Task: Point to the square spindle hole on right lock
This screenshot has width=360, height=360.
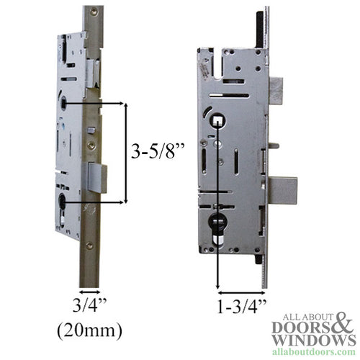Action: pos(217,121)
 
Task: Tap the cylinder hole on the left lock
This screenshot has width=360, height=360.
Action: pos(63,200)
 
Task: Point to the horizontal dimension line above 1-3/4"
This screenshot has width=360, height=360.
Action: pos(241,292)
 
